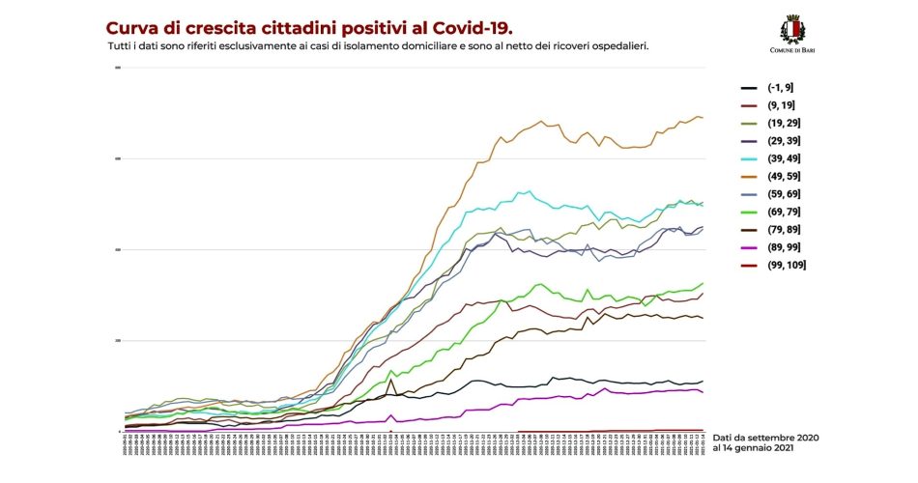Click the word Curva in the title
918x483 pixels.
pyautogui.click(x=131, y=27)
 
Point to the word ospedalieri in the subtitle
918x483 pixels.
pyautogui.click(x=616, y=45)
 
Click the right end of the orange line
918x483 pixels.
pyautogui.click(x=703, y=118)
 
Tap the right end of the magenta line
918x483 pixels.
pyautogui.click(x=703, y=392)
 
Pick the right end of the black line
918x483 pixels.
pyautogui.click(x=703, y=381)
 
